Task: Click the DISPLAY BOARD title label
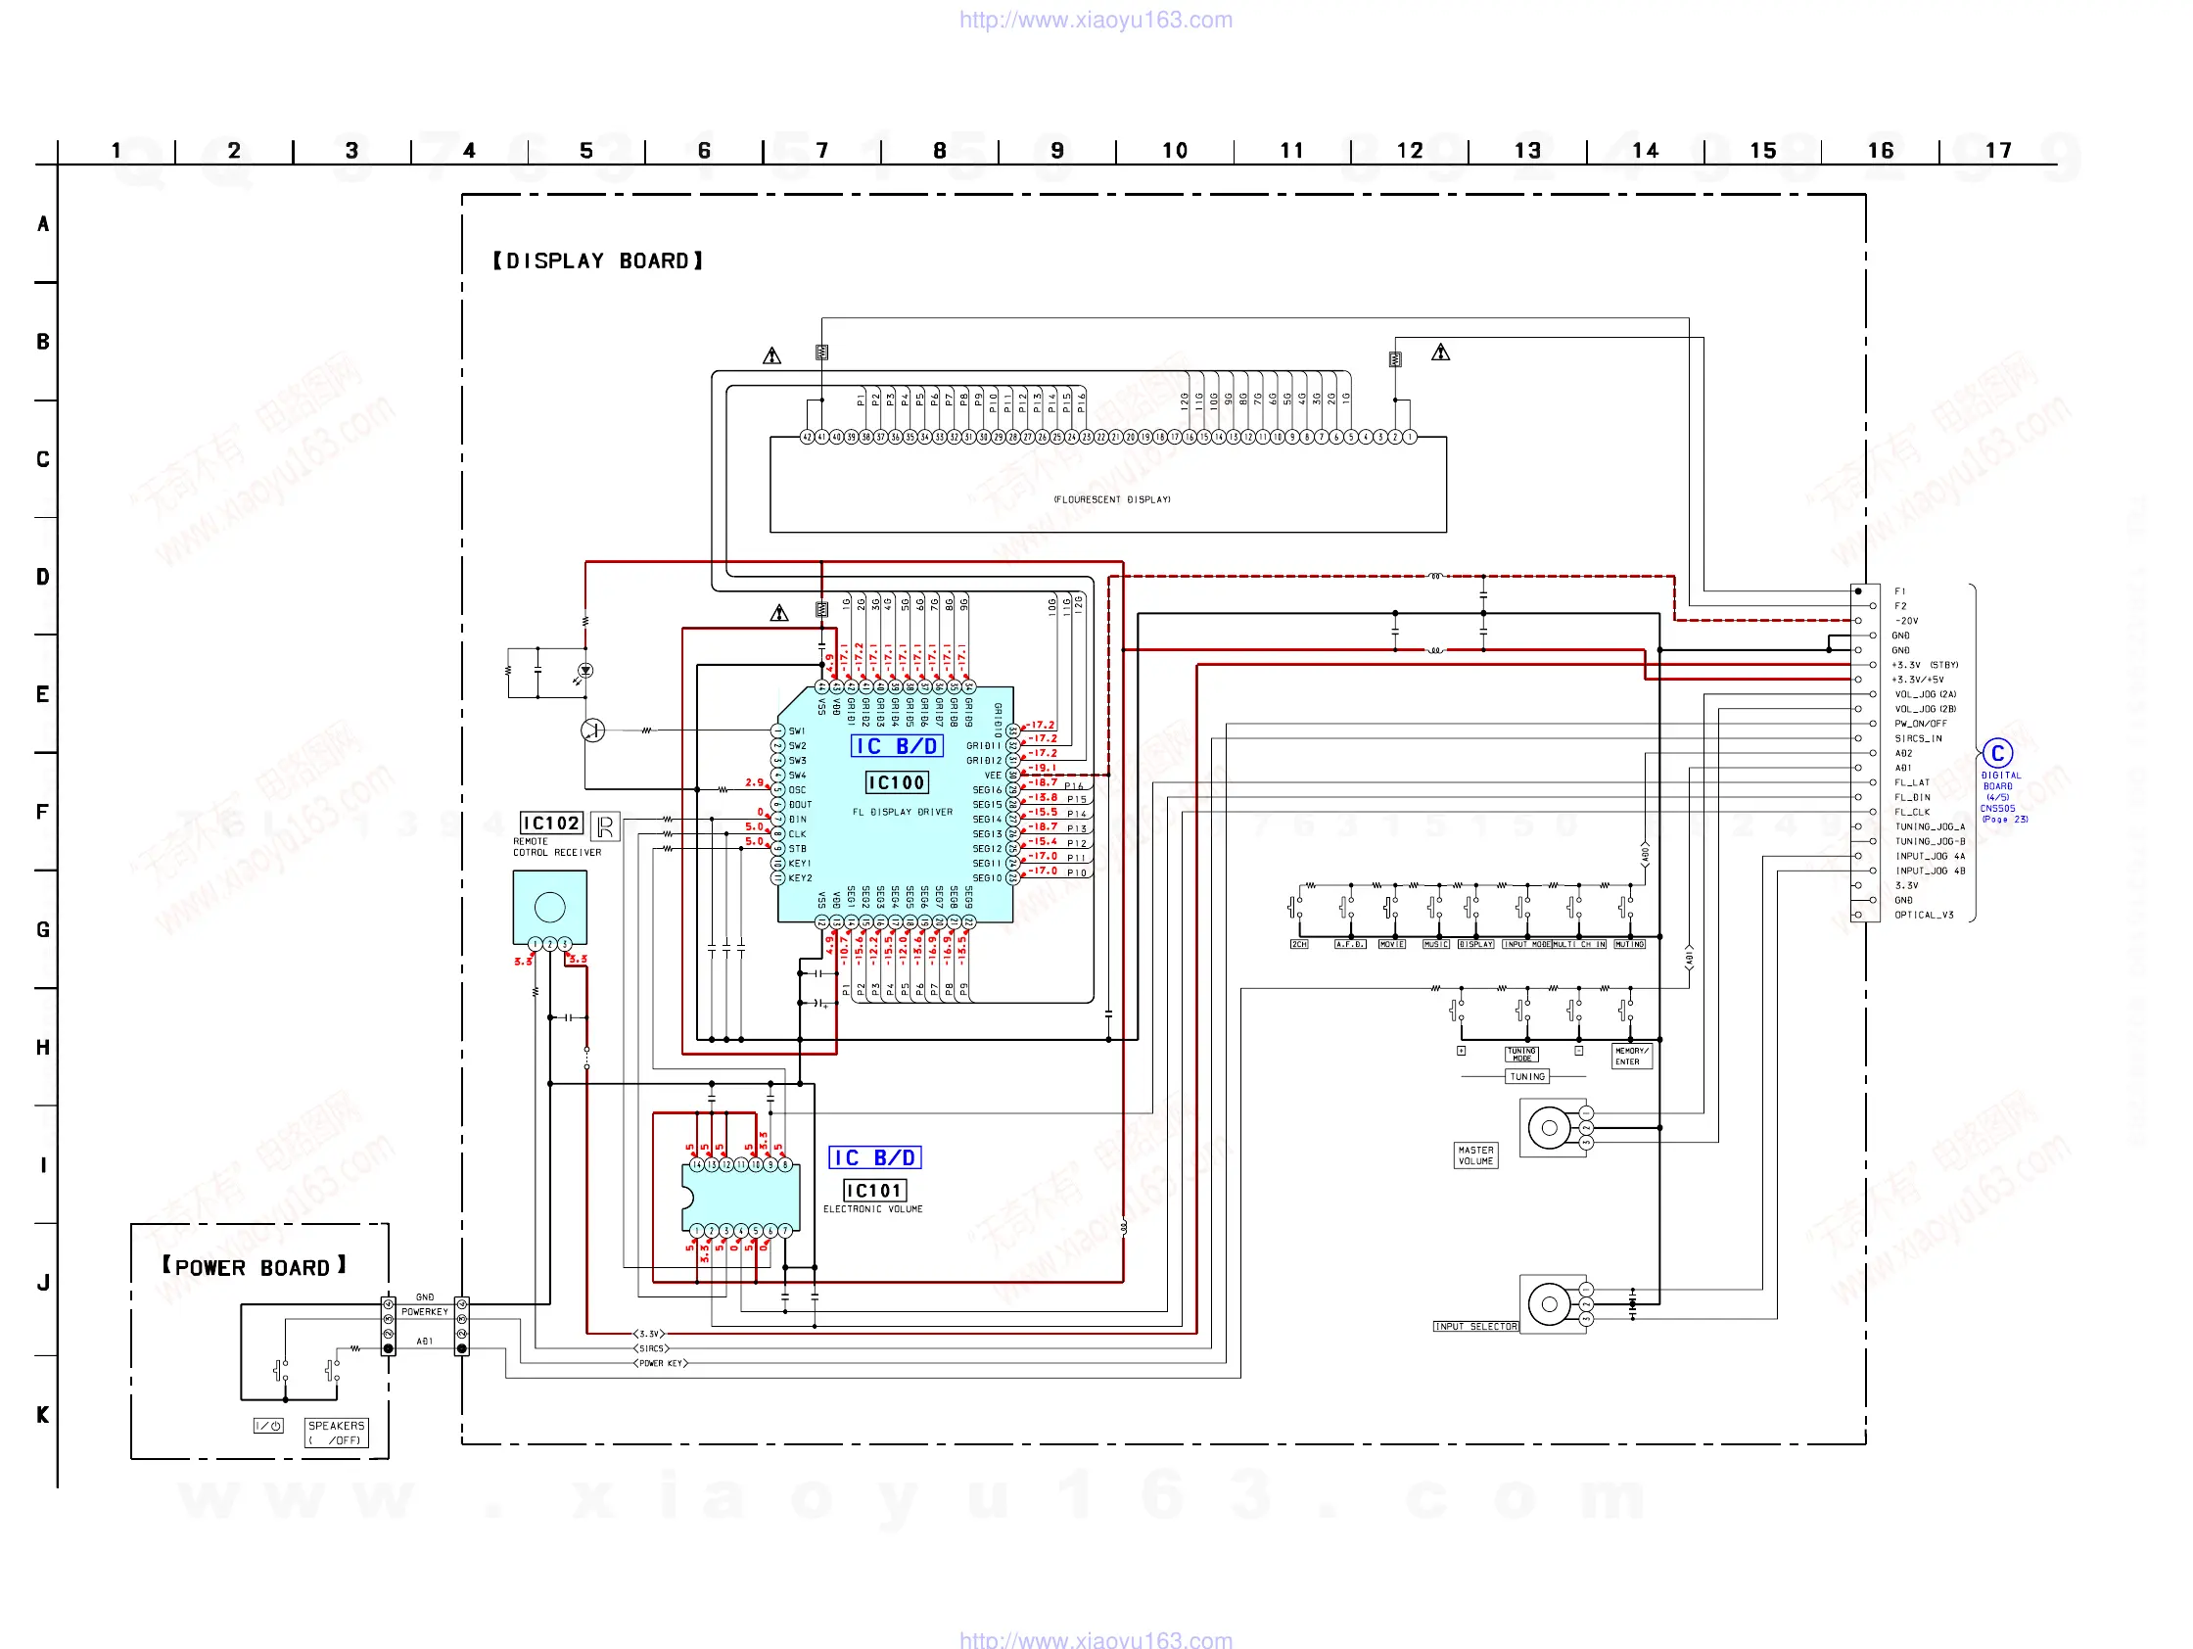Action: click(x=598, y=260)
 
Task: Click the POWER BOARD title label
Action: click(x=254, y=1267)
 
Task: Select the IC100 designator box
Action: click(x=896, y=782)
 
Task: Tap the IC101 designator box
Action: click(x=873, y=1190)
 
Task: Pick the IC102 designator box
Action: click(x=551, y=823)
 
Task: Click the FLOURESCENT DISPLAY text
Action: click(x=1111, y=499)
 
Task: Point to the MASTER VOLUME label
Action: click(x=1475, y=1155)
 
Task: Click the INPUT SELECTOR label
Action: click(x=1475, y=1326)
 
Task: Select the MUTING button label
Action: click(x=1629, y=944)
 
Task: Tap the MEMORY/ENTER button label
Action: click(x=1631, y=1055)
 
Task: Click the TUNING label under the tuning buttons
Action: click(x=1526, y=1076)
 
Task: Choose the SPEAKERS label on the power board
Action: click(x=336, y=1432)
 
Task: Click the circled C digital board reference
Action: click(x=1996, y=754)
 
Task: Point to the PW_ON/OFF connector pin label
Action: click(x=1921, y=724)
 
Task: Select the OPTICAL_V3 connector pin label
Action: click(x=1924, y=916)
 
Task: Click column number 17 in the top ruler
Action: click(x=1998, y=151)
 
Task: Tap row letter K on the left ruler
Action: click(x=43, y=1415)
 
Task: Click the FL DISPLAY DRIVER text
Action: click(x=903, y=812)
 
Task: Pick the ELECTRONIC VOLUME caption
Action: click(x=872, y=1208)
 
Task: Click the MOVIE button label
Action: click(x=1391, y=944)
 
